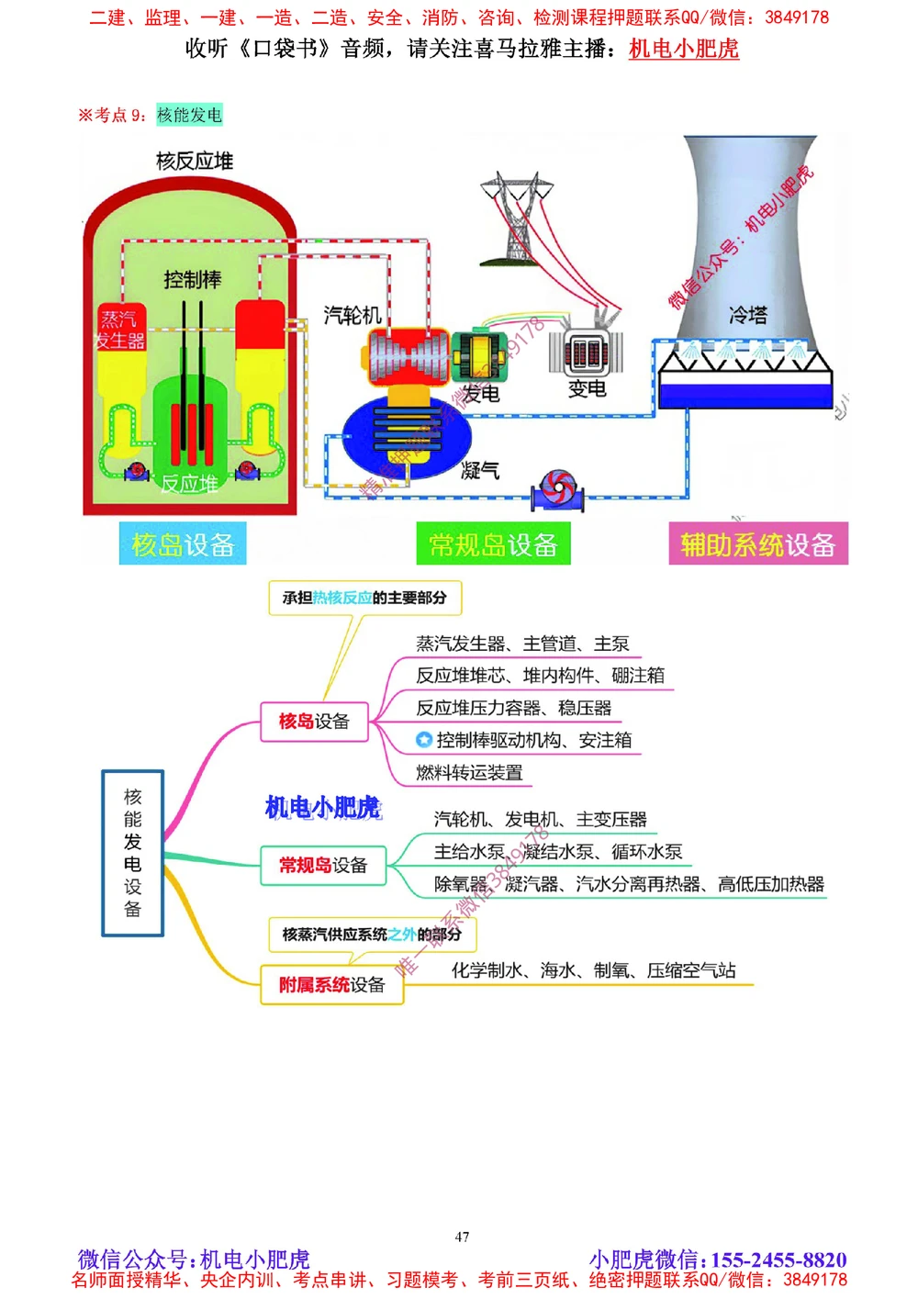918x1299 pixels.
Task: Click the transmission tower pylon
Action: point(516,218)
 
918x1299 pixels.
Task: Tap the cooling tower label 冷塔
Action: point(747,315)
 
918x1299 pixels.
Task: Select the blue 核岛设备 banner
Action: point(183,544)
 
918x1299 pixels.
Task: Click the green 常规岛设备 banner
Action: point(493,544)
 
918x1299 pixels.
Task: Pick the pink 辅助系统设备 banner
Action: point(757,544)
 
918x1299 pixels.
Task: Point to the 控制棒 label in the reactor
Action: point(192,279)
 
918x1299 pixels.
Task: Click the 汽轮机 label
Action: point(352,315)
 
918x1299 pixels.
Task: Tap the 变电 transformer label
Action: point(587,388)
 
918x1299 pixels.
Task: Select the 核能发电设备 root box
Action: point(132,853)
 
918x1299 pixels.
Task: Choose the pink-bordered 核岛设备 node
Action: point(314,722)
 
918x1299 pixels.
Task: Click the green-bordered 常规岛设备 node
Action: point(322,865)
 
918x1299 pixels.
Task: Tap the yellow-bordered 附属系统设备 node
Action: point(331,985)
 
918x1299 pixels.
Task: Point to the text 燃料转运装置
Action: point(469,773)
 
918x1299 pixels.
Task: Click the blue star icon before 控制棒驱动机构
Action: point(423,740)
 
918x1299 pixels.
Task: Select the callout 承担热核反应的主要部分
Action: point(364,598)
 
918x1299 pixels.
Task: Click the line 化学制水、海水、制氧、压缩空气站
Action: point(593,970)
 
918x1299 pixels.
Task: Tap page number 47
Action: point(462,1237)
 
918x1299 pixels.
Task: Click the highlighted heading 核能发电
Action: point(189,115)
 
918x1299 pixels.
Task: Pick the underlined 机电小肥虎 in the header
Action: point(683,49)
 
